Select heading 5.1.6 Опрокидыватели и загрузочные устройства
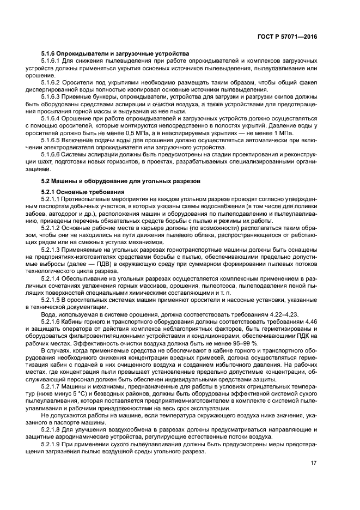(115, 53)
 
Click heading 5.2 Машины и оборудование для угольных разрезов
(121, 180)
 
